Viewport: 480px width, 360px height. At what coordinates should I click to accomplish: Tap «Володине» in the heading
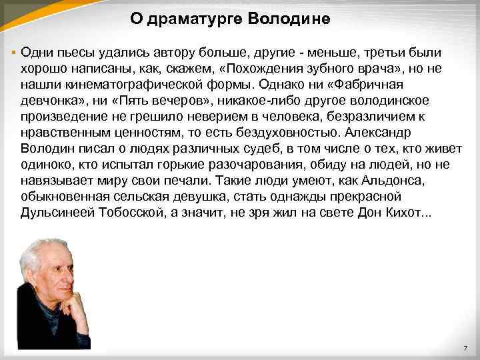click(289, 19)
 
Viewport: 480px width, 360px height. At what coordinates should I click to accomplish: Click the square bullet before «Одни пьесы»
click(13, 52)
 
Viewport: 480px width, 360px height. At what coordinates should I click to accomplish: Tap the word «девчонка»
click(53, 101)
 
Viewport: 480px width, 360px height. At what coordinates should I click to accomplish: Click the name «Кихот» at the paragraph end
click(410, 213)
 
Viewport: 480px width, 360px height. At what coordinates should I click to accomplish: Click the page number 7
click(465, 350)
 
